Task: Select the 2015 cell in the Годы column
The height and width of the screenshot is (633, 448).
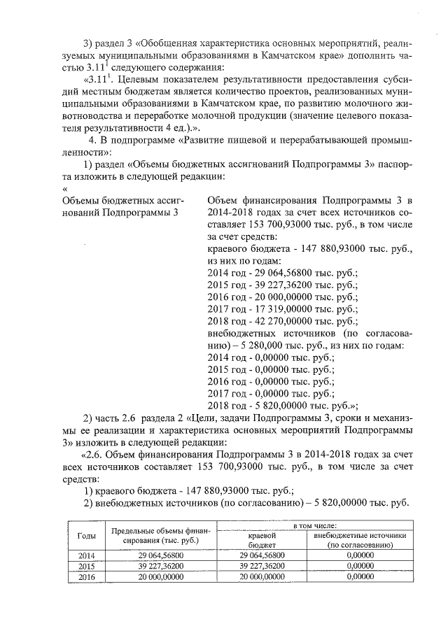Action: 82,566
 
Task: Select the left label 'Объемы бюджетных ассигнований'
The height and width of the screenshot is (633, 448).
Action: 123,206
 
